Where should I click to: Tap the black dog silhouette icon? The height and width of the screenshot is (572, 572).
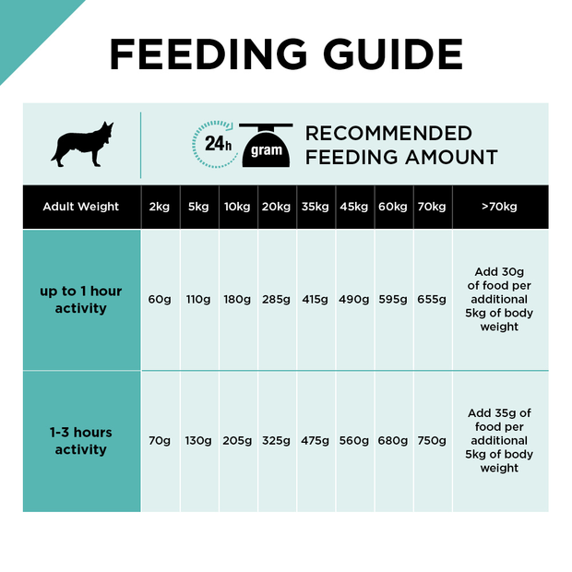tap(83, 144)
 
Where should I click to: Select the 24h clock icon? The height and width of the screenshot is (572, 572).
tap(215, 144)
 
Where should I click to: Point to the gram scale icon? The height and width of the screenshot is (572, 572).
tap(266, 146)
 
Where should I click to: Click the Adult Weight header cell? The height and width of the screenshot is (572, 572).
tap(81, 207)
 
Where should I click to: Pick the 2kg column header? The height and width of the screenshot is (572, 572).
tap(160, 207)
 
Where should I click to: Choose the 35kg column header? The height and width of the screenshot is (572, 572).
tap(315, 207)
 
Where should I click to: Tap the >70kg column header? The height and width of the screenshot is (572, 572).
tap(499, 207)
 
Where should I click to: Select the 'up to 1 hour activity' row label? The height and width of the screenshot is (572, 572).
tap(81, 300)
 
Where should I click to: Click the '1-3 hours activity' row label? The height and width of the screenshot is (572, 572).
tap(81, 441)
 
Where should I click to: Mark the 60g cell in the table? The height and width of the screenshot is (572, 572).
tap(160, 300)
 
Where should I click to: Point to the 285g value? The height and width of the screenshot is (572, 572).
tap(276, 300)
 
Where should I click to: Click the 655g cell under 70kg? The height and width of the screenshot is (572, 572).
tap(432, 300)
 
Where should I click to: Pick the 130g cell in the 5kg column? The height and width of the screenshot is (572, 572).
tap(198, 441)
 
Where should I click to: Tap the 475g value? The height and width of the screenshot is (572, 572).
tap(315, 441)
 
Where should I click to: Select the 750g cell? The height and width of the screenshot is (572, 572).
tap(432, 441)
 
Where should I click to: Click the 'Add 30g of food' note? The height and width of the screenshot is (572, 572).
tap(499, 300)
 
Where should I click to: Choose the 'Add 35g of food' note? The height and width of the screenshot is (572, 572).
tap(499, 441)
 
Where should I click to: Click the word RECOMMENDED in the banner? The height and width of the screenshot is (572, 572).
tap(388, 134)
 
